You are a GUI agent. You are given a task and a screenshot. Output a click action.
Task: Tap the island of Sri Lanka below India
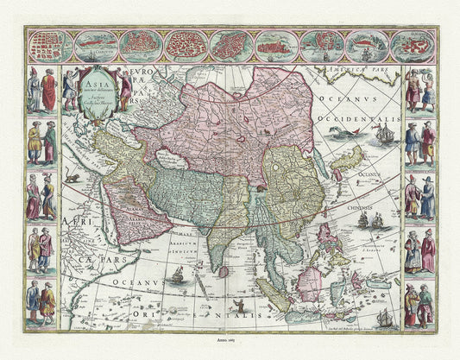coord(224,271)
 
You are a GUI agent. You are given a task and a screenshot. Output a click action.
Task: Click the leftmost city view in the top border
coord(48,45)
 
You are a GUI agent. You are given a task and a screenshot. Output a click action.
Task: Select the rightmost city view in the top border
coord(412,45)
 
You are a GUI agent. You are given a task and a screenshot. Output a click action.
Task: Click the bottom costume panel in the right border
coord(419,305)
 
